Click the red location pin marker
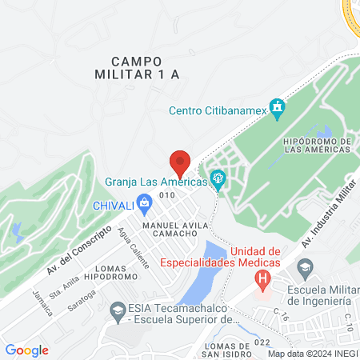click(x=180, y=162)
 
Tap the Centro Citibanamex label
click(x=218, y=110)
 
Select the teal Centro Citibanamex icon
click(x=278, y=107)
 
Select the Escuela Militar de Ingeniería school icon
click(x=305, y=266)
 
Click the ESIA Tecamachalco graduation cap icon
click(x=118, y=310)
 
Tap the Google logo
click(x=27, y=350)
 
